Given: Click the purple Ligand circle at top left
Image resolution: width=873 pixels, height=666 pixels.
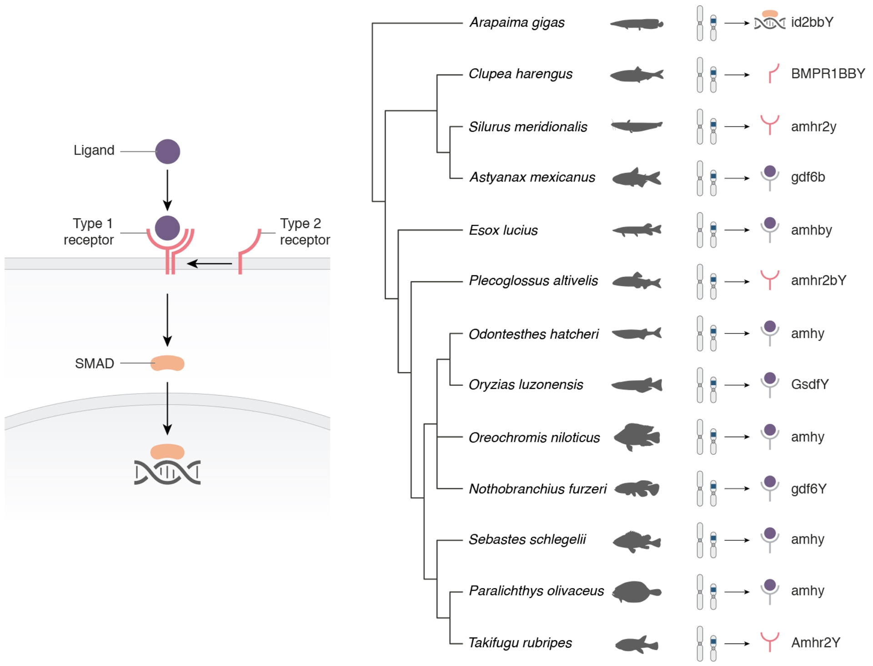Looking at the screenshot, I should (167, 151).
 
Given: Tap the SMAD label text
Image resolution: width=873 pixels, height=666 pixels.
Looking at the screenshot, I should (95, 363).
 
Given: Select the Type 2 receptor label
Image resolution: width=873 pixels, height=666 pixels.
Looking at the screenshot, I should (305, 232).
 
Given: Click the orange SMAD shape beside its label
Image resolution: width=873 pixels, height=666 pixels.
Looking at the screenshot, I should (167, 363).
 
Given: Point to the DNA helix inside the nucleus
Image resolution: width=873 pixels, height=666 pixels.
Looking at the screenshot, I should (167, 472).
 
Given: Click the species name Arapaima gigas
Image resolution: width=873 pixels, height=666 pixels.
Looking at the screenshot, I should (517, 22).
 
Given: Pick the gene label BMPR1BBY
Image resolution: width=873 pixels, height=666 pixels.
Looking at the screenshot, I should (828, 74).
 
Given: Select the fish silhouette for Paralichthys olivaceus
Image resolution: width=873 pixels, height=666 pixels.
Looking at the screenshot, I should (636, 591).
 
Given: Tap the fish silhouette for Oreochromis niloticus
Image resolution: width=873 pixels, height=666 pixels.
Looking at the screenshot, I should (637, 437).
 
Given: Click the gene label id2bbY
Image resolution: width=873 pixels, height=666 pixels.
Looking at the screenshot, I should (812, 22).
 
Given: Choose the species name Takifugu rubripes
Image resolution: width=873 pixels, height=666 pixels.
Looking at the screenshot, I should (520, 642).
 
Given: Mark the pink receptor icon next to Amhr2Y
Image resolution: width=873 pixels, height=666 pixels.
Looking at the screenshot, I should (770, 641).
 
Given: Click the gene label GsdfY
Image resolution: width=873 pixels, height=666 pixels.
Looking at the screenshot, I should (810, 384).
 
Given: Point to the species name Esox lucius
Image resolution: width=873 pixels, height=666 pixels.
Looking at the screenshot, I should (503, 230).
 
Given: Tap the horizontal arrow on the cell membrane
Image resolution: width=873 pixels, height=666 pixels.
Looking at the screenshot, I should (210, 263).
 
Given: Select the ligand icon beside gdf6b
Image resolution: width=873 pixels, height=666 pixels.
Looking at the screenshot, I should (770, 177).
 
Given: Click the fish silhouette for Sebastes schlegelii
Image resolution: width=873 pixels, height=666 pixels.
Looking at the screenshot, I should (637, 541).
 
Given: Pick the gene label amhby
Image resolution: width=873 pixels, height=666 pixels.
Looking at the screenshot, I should (811, 230).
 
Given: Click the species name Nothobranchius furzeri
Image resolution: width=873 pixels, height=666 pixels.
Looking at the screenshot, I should (537, 489).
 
